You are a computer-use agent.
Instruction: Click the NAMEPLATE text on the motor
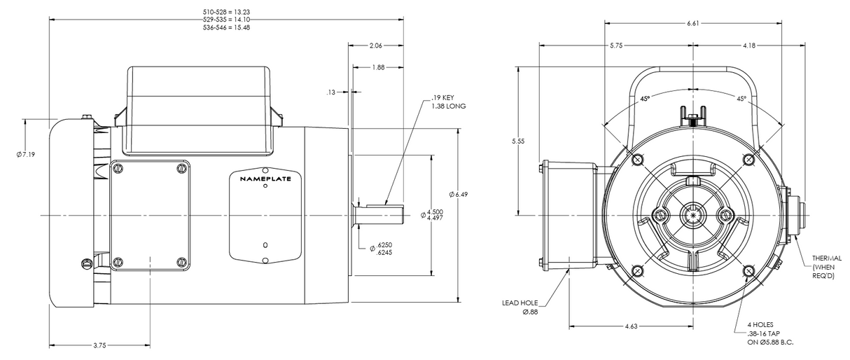click(265, 179)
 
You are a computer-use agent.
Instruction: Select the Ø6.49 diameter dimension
click(459, 194)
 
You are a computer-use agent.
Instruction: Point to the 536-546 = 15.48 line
click(221, 27)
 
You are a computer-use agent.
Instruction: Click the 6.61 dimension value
click(692, 23)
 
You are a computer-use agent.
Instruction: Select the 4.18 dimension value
click(748, 46)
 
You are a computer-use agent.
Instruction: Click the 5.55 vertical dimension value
click(519, 141)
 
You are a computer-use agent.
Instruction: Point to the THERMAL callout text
click(827, 258)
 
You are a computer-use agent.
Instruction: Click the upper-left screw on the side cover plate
click(117, 168)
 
